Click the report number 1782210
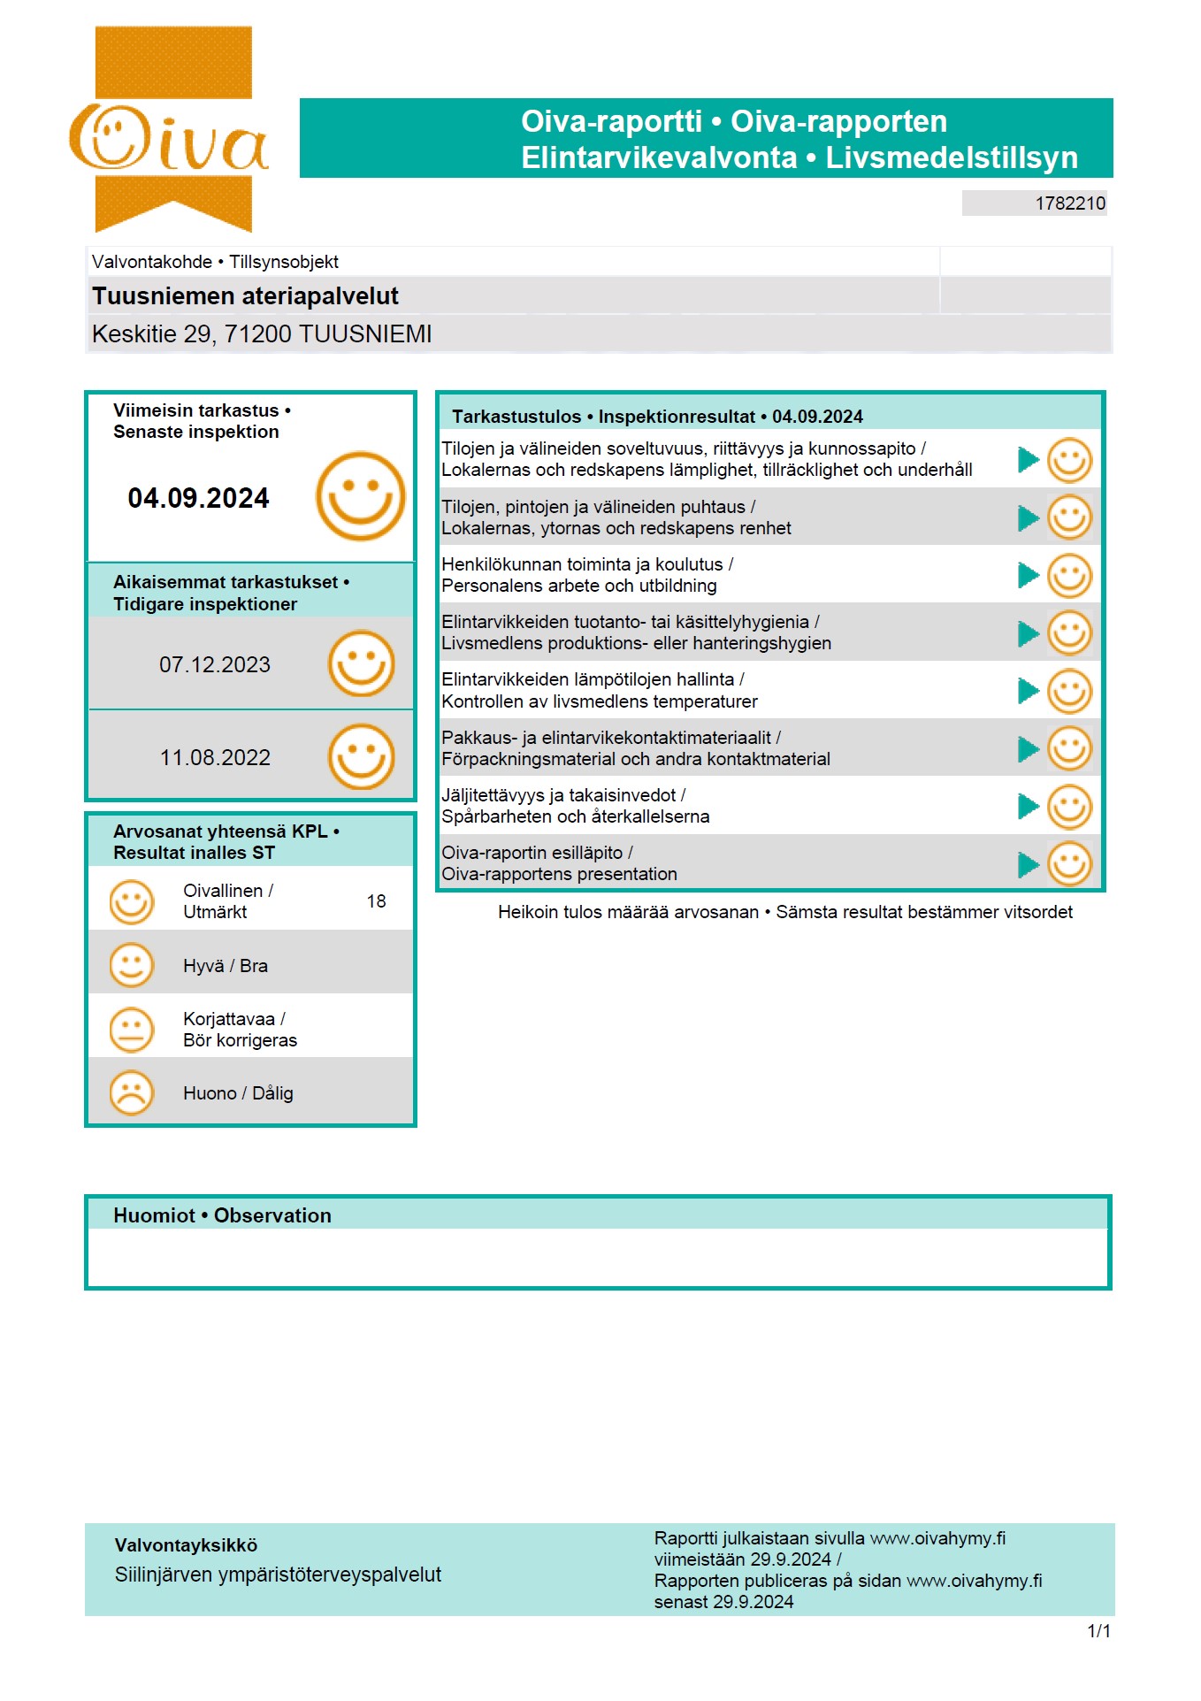tap(1070, 203)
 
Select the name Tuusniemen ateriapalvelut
tap(245, 296)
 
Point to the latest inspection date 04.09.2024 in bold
tap(198, 498)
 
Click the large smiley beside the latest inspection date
tap(360, 496)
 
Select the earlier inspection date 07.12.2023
tap(215, 665)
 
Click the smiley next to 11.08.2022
tap(361, 757)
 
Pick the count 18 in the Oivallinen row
tap(377, 901)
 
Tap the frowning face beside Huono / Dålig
tap(132, 1093)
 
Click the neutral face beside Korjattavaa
tap(132, 1030)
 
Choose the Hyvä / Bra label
tap(226, 966)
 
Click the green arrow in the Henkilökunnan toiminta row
tap(1028, 576)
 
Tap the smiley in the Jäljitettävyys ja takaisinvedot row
tap(1069, 807)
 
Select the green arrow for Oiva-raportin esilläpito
tap(1028, 864)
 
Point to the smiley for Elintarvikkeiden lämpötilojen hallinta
tap(1069, 691)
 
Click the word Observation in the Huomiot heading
tap(272, 1216)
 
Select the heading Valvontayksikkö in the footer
tap(186, 1545)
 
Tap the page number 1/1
tap(1098, 1631)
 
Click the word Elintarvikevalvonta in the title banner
tap(659, 157)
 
